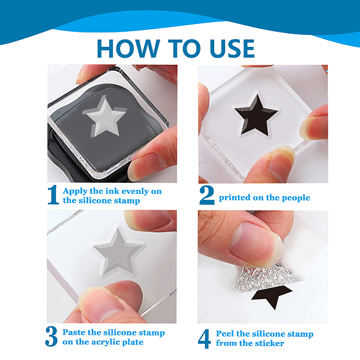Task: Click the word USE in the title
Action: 232,49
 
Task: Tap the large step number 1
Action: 53,195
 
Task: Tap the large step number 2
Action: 207,196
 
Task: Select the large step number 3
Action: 52,337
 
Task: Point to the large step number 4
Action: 205,339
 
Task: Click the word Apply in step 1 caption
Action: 75,191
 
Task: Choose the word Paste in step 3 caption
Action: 74,332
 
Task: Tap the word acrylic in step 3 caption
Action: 106,343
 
